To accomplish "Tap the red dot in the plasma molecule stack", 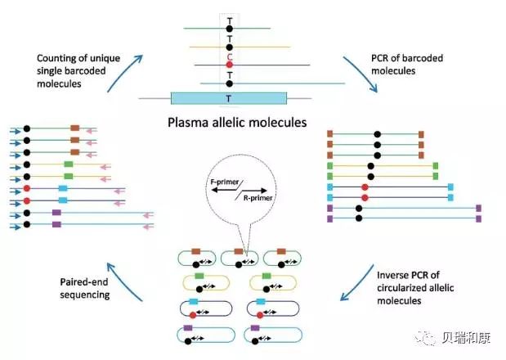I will tap(230, 65).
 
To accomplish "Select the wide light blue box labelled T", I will tap(229, 98).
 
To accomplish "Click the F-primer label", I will tap(222, 176).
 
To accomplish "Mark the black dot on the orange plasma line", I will tap(230, 47).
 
